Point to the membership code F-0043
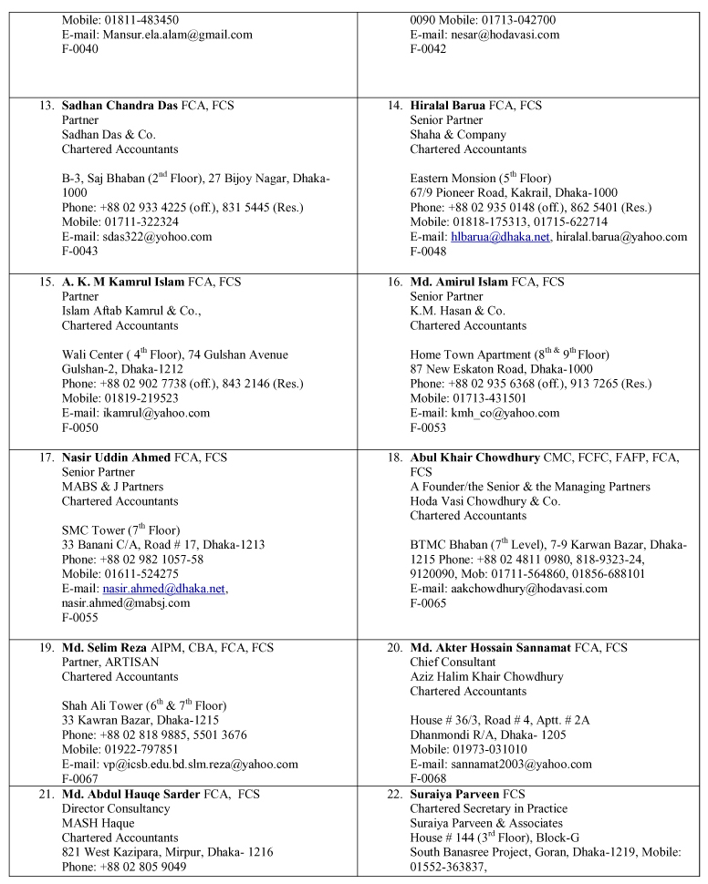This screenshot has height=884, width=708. point(80,252)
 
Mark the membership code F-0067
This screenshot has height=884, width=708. point(80,778)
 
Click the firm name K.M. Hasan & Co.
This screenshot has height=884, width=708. point(457,311)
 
